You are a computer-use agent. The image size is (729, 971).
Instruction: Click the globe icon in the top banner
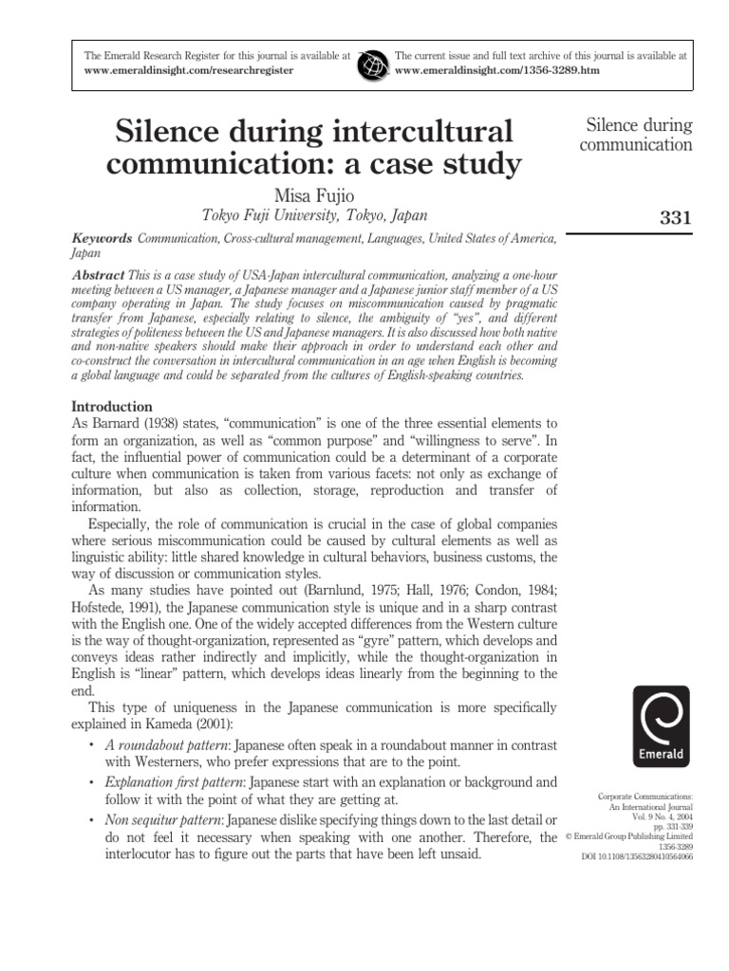click(373, 64)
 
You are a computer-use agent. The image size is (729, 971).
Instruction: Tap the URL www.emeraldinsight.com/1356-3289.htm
click(489, 71)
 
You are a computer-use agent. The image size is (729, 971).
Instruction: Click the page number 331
click(675, 219)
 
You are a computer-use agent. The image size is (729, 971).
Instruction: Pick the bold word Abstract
click(99, 273)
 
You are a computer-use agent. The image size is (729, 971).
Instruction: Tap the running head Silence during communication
click(639, 135)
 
